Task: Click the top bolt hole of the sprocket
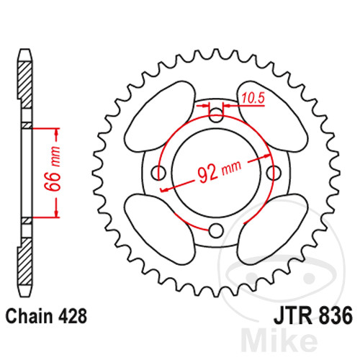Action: (215, 112)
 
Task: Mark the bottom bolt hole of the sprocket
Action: (215, 230)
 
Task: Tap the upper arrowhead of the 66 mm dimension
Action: (55, 132)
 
